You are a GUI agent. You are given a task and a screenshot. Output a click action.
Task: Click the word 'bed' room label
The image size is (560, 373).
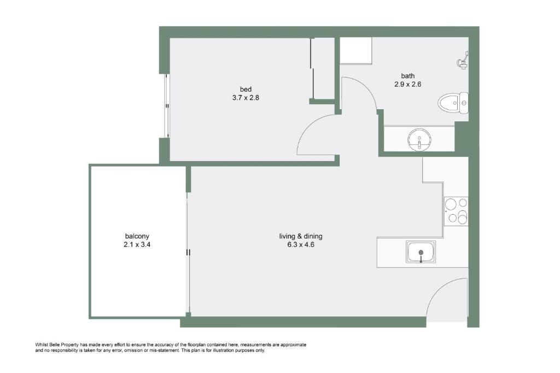coord(246,89)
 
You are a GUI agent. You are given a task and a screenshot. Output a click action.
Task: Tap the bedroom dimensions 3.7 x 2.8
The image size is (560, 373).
coord(246,98)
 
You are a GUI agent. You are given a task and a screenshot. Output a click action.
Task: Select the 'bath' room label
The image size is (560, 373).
coord(408,75)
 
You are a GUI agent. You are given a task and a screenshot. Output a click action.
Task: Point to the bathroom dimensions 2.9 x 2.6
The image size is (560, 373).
coord(408,84)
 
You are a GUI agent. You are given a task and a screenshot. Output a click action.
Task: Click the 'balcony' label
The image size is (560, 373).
coord(137,236)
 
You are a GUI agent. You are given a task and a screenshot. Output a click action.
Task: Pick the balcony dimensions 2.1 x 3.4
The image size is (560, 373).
coord(137,245)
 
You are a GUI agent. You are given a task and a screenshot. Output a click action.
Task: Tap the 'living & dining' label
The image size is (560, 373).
coord(301,236)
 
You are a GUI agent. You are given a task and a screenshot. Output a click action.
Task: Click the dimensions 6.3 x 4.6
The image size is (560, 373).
coord(301,245)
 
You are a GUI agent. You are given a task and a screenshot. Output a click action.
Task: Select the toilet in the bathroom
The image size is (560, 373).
coord(453,103)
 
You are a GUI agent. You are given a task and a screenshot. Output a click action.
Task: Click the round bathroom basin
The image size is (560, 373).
coord(419,139)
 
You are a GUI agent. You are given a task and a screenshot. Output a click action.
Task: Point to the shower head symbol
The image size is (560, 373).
coord(463,61)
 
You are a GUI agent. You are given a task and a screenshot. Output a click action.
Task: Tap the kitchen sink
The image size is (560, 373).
coord(421,252)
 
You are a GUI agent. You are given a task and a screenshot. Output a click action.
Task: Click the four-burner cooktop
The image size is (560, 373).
coord(457,211)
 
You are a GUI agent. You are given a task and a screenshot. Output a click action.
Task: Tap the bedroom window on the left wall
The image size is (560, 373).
coord(167,105)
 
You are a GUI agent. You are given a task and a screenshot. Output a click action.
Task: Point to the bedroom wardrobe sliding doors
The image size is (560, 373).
coord(312,68)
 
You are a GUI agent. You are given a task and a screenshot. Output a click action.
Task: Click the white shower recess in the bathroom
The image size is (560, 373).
coord(355,51)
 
